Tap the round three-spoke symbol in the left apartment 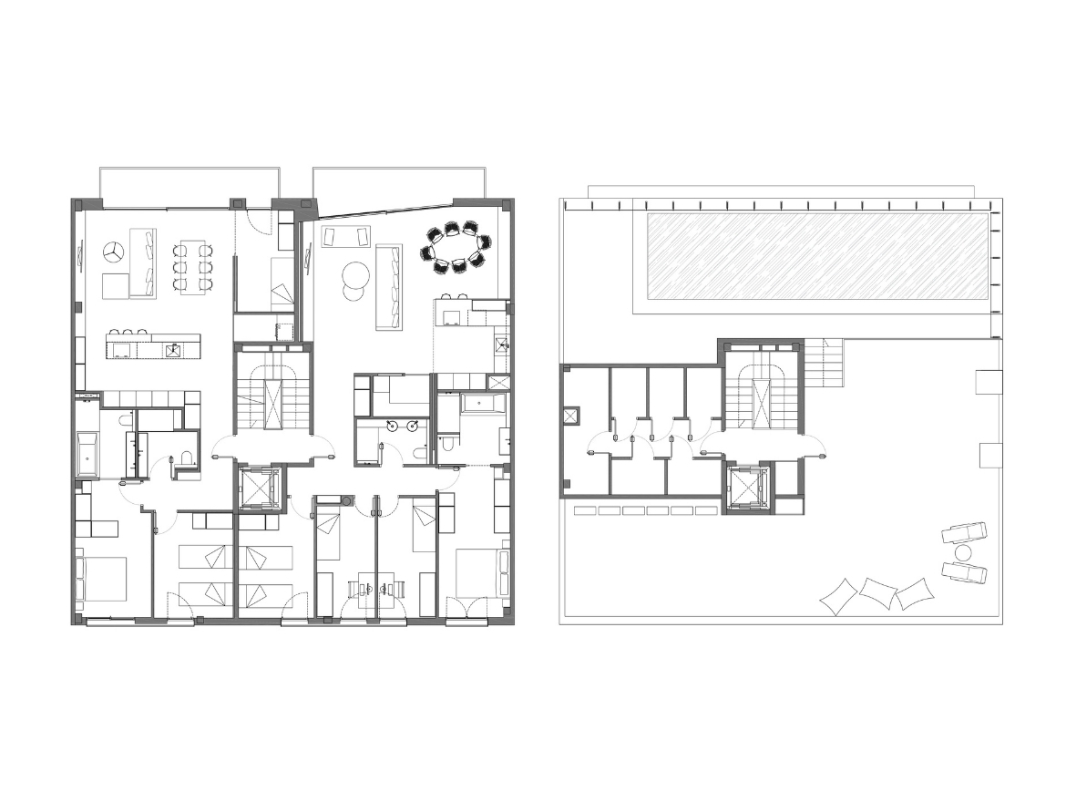click(x=114, y=252)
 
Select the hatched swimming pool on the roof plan click(x=817, y=257)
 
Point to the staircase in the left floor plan click(x=272, y=395)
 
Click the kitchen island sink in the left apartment click(x=172, y=349)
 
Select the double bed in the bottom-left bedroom click(x=102, y=580)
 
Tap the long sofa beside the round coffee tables click(x=389, y=287)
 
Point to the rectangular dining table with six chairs click(x=193, y=266)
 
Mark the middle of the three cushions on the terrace click(x=877, y=593)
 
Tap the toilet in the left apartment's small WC click(x=187, y=461)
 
